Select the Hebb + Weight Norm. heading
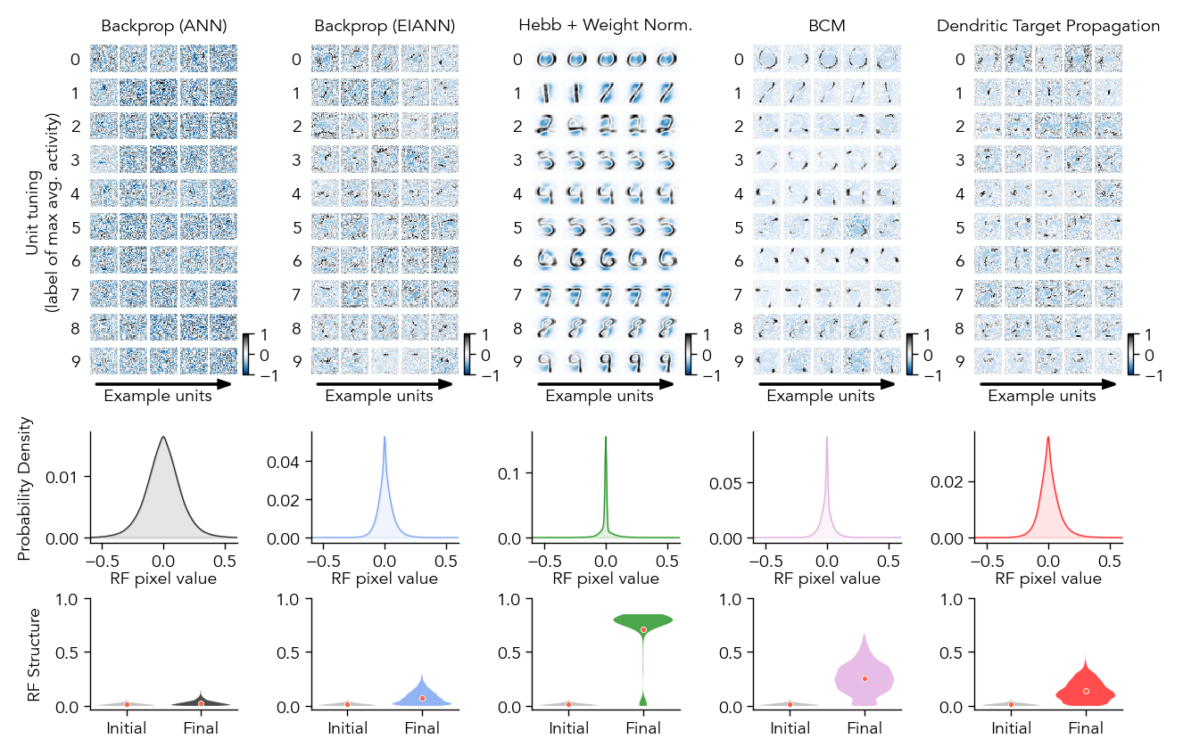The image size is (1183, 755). [x=605, y=26]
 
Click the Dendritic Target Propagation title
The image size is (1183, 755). [x=1047, y=26]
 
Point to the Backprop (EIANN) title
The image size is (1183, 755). [x=384, y=27]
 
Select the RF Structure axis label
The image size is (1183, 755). [x=35, y=654]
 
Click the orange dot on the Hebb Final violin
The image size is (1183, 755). [x=643, y=629]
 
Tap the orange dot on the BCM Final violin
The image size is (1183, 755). [x=864, y=678]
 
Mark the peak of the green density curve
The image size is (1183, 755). [x=606, y=437]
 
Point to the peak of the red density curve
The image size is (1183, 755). [x=1047, y=437]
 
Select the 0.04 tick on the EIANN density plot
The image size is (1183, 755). [x=288, y=461]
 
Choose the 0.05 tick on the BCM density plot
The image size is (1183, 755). [x=731, y=482]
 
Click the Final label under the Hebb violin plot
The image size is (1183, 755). [x=643, y=728]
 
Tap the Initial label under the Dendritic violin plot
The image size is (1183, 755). [x=1011, y=728]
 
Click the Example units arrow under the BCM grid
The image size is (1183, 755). [x=825, y=384]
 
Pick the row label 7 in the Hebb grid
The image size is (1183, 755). [x=517, y=294]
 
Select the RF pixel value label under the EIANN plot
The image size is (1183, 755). [x=385, y=578]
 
